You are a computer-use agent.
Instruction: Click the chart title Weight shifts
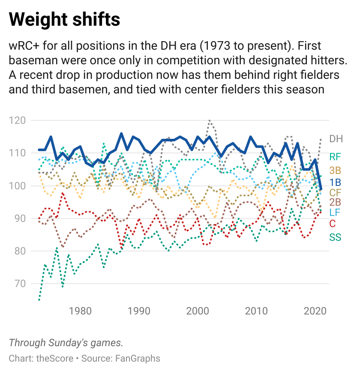[x=64, y=20]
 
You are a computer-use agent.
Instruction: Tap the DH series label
[x=336, y=139]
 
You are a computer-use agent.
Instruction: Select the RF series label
[x=335, y=157]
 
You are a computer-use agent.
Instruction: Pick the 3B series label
[x=335, y=171]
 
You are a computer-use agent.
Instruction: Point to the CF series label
[x=335, y=192]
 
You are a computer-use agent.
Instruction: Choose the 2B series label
[x=335, y=202]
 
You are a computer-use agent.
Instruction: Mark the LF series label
[x=335, y=212]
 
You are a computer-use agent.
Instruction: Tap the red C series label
[x=333, y=224]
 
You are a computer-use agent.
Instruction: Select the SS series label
[x=335, y=237]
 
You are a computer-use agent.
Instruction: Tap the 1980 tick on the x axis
[x=80, y=310]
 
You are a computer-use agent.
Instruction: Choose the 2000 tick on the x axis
[x=198, y=310]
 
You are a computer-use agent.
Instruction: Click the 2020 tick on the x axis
[x=315, y=310]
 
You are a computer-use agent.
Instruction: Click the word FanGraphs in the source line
[x=138, y=358]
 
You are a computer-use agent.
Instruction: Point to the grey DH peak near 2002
[x=209, y=120]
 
